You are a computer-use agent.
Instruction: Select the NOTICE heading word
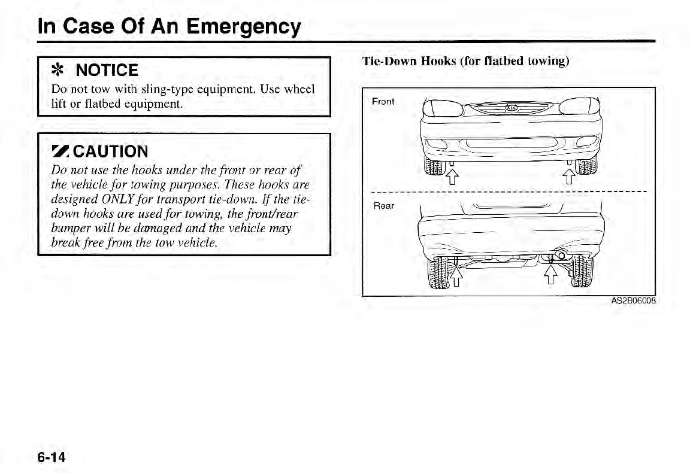tap(107, 71)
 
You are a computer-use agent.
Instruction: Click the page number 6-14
tap(53, 457)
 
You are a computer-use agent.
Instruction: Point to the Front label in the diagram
tap(383, 101)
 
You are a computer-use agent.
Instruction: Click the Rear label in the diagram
tap(383, 206)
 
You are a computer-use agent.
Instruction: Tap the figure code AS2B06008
tap(634, 300)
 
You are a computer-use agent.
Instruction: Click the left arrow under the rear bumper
tap(456, 276)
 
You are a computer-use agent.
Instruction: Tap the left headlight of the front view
tap(441, 108)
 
